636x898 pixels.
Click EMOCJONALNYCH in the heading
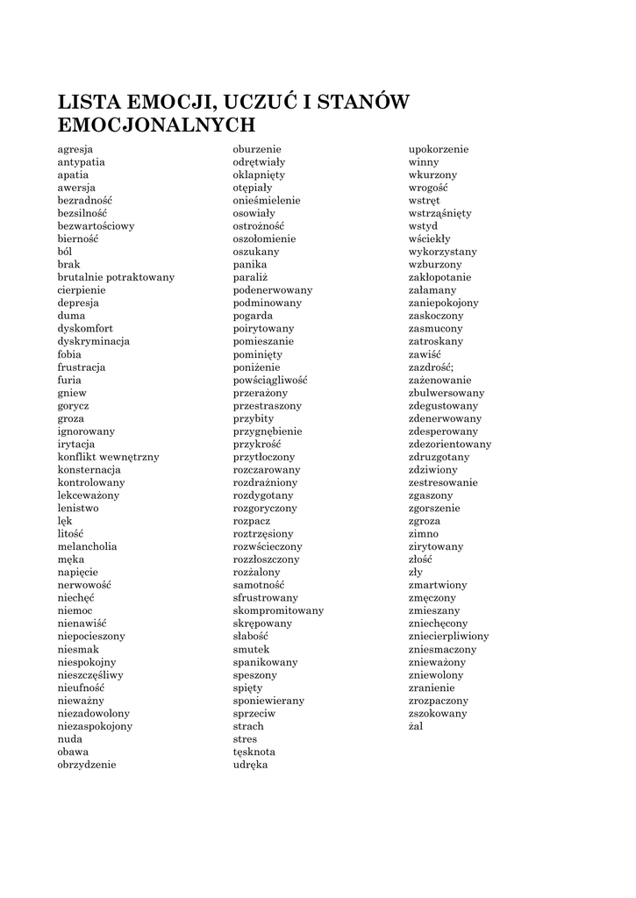(x=156, y=125)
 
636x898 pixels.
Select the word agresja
(x=75, y=149)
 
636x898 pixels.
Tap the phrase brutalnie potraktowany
(x=116, y=277)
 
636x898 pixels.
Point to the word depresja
(x=78, y=303)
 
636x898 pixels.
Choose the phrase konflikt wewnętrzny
(x=108, y=457)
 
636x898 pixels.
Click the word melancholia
(x=87, y=546)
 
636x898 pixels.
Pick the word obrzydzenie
(x=87, y=764)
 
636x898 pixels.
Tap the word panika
(x=249, y=264)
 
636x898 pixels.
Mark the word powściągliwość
(x=269, y=380)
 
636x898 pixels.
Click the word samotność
(x=258, y=585)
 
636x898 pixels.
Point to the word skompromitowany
(x=278, y=610)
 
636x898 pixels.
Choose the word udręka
(x=250, y=764)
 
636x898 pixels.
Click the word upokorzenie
(x=439, y=149)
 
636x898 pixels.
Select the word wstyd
(x=423, y=225)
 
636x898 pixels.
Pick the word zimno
(x=424, y=533)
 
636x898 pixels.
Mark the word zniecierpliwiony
(x=449, y=636)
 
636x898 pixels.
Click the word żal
(x=417, y=726)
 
